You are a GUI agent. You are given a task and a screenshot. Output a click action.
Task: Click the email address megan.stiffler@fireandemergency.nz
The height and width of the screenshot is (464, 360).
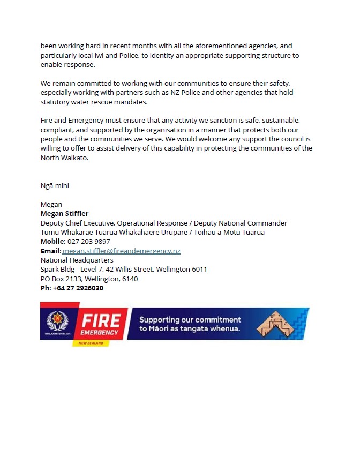(x=122, y=251)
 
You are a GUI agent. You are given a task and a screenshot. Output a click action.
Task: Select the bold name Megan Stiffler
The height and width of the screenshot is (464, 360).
(x=64, y=214)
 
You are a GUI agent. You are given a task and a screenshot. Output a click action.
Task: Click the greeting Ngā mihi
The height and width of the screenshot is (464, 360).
(x=55, y=186)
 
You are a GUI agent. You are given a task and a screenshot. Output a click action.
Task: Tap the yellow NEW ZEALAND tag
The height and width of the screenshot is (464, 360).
(x=91, y=342)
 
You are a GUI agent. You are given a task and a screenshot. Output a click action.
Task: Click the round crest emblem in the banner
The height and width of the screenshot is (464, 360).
(x=57, y=321)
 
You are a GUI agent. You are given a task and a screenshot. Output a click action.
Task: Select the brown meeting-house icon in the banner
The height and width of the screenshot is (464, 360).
(x=276, y=323)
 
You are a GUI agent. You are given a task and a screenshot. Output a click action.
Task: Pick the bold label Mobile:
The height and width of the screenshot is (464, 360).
(x=53, y=242)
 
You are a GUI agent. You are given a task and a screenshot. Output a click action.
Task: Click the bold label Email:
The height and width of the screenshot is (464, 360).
(x=51, y=251)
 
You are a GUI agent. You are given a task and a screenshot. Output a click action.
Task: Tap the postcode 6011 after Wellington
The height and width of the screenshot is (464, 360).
(x=199, y=270)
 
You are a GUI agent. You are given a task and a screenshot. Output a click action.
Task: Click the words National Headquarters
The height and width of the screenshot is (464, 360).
(x=77, y=260)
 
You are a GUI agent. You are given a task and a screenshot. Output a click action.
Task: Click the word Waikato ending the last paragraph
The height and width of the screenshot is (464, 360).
(x=72, y=158)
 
